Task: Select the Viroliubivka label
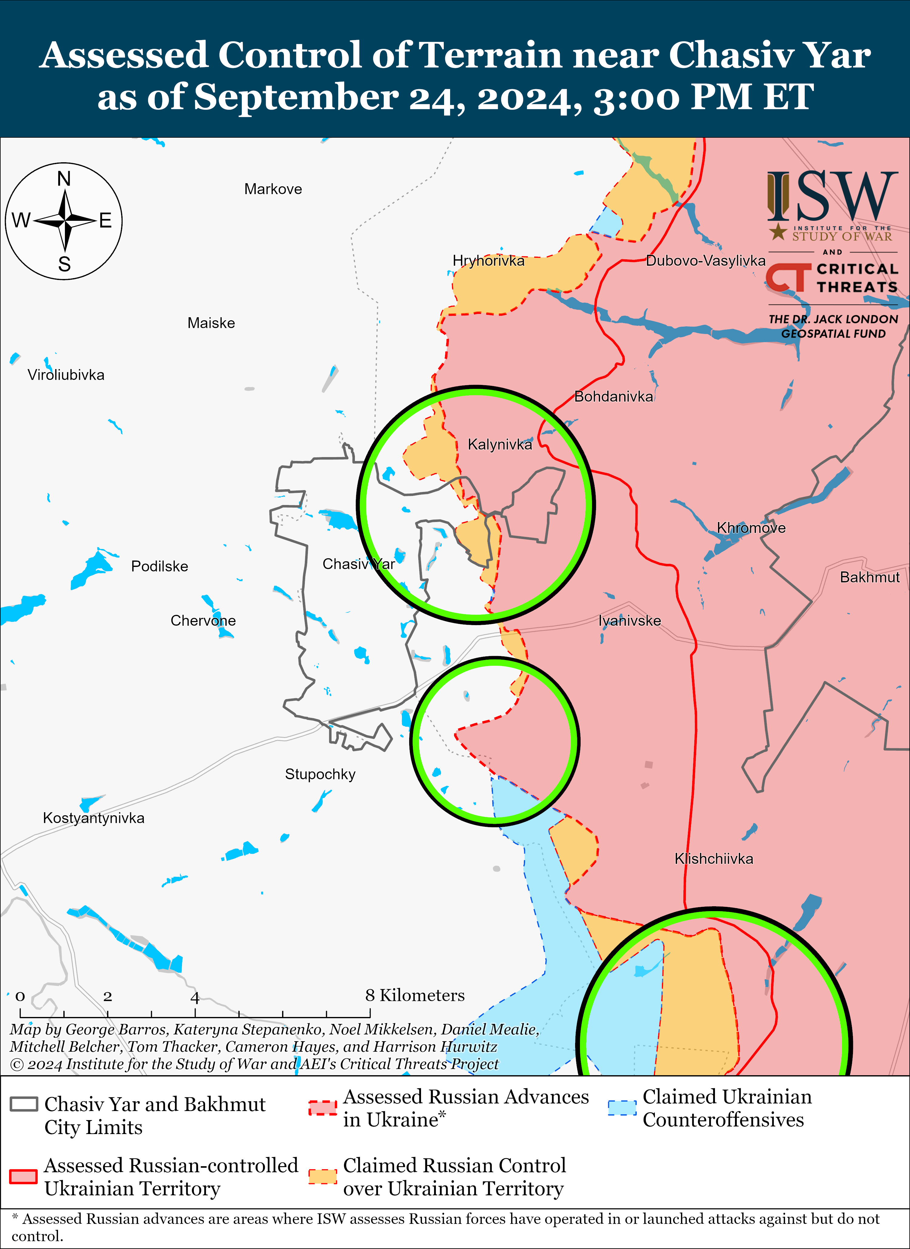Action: [66, 375]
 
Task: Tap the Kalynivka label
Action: [500, 444]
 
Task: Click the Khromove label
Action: [751, 527]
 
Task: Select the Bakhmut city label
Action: [869, 577]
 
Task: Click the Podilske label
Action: [159, 566]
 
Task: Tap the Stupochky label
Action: [320, 774]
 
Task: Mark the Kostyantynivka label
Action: [94, 818]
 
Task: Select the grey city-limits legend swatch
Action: [24, 1104]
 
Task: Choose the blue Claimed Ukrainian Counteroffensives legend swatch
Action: [622, 1107]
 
